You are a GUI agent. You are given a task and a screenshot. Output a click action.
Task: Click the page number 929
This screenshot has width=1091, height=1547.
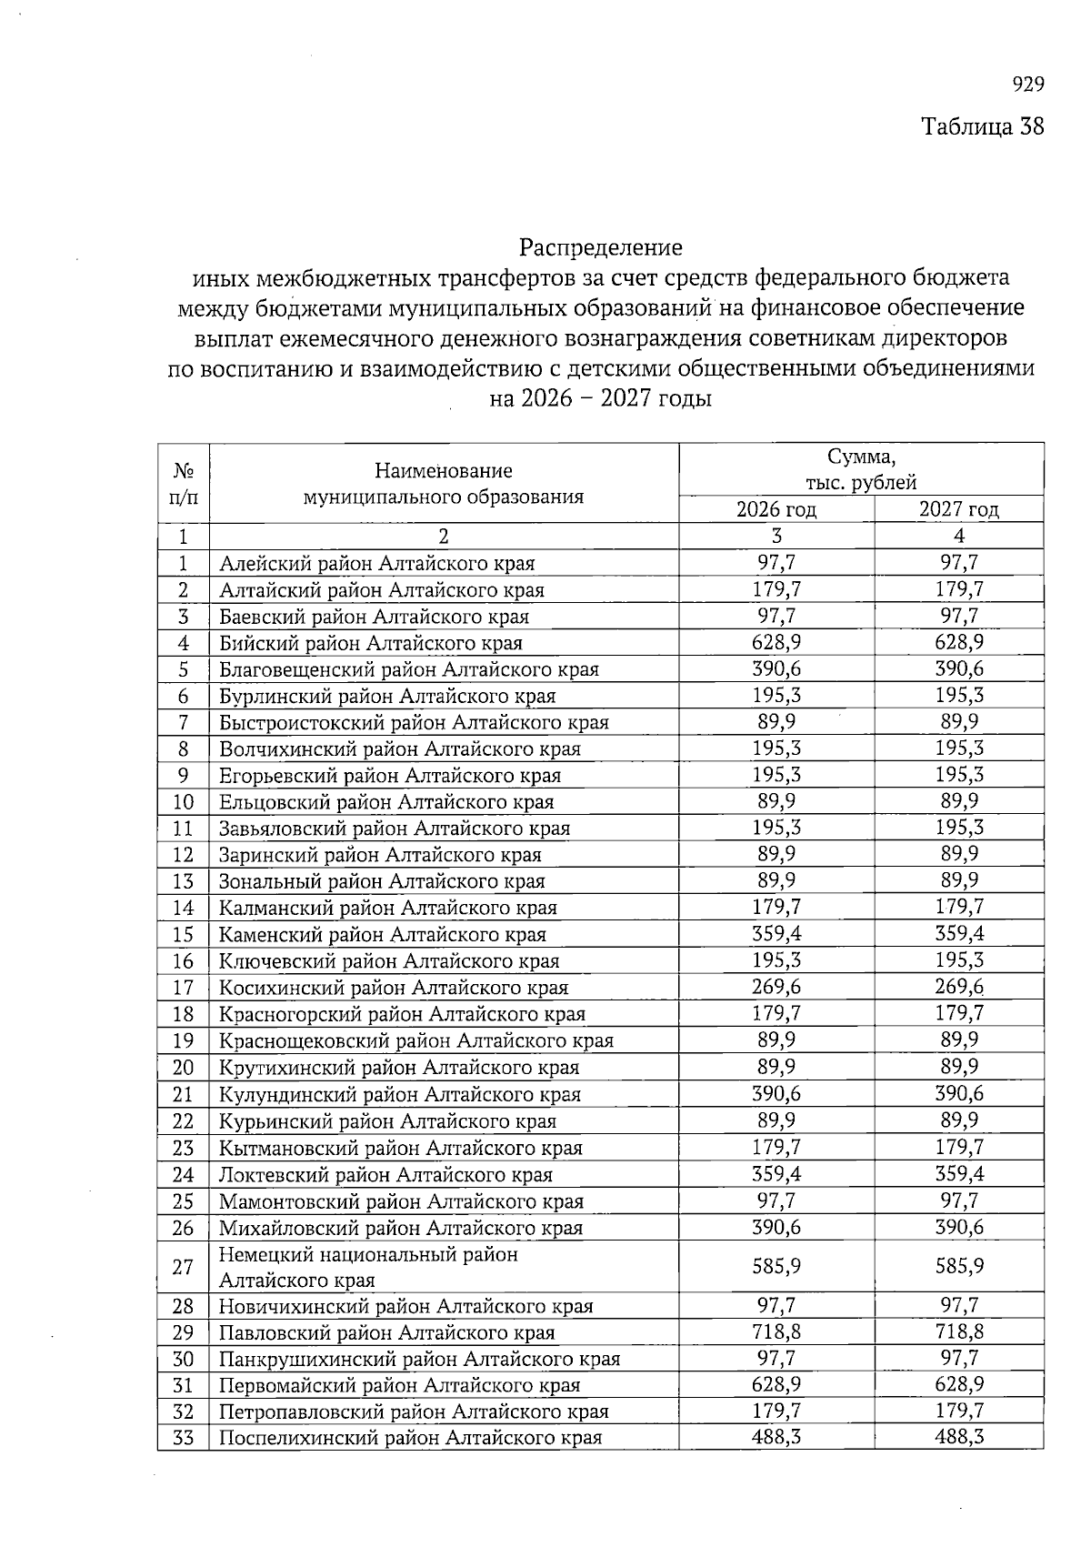1027,85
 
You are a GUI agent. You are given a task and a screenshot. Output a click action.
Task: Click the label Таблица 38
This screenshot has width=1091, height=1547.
982,126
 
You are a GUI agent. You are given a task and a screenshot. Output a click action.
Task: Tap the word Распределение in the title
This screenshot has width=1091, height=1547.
600,247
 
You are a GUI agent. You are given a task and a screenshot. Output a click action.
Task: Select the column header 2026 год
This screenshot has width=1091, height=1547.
776,509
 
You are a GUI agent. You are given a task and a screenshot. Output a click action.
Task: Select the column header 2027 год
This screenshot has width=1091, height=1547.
958,509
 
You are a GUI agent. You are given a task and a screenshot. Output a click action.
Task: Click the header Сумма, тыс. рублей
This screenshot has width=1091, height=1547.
860,469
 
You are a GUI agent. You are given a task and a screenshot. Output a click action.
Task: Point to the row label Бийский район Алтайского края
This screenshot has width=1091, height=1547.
371,643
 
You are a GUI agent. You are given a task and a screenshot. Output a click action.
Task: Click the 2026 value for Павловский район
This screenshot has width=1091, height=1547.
776,1332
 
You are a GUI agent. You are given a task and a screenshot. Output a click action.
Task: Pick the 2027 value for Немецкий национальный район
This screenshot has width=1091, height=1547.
958,1266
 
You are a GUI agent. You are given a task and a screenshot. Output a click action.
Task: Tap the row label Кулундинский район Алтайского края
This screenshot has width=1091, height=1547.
399,1094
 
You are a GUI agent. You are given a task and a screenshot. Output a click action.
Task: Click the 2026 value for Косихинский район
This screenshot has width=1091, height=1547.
776,987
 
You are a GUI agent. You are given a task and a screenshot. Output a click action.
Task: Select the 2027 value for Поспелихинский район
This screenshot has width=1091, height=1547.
958,1437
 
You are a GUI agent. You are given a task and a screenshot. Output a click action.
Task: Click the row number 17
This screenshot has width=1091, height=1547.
183,988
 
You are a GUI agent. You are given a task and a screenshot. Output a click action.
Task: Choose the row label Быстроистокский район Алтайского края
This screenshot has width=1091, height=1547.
414,723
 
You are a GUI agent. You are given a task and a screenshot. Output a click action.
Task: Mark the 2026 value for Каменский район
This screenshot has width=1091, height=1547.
776,934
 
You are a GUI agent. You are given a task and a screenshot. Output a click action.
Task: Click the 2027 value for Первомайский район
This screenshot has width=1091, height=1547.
958,1385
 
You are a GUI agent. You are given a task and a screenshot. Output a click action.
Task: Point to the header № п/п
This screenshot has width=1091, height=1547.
183,484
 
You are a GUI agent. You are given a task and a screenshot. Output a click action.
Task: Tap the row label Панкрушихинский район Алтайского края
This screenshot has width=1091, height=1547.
419,1359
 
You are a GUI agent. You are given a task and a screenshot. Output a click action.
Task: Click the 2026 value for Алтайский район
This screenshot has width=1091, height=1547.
776,589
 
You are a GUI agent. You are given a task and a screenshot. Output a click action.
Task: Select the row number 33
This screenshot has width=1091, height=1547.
183,1438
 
